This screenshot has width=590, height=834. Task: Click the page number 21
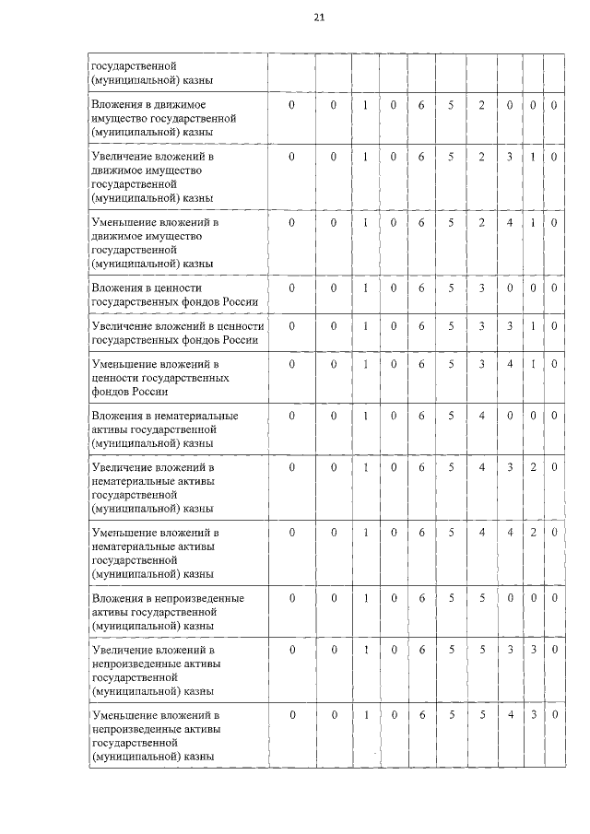(x=319, y=18)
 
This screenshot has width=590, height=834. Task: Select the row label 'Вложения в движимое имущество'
(x=164, y=119)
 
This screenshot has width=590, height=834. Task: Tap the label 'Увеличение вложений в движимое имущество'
(x=152, y=178)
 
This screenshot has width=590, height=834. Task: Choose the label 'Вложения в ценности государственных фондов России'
(x=172, y=295)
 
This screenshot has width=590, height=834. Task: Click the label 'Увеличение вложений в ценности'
(x=177, y=333)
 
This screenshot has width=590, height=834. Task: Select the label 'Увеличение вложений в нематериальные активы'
(x=152, y=488)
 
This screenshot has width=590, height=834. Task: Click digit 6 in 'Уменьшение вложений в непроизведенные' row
(x=420, y=715)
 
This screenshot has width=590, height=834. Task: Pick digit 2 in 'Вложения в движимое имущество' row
(x=481, y=106)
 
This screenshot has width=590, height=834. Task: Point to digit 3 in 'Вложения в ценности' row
(x=481, y=288)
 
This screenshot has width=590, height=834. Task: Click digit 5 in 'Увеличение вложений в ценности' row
(x=451, y=326)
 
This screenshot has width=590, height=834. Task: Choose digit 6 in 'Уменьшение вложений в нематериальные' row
(x=420, y=533)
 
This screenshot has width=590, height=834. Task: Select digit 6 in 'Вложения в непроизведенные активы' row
(x=420, y=598)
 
